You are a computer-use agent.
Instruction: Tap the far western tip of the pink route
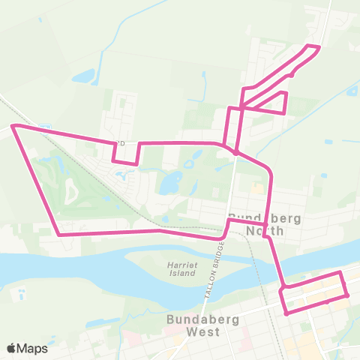12,127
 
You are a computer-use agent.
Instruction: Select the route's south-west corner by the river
59,234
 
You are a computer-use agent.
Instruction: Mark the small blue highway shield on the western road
45,128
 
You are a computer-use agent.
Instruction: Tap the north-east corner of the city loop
341,273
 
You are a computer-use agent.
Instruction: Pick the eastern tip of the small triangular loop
286,93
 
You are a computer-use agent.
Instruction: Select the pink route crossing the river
278,266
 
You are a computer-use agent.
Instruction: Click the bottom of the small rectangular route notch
125,161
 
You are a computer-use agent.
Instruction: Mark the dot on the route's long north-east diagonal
292,73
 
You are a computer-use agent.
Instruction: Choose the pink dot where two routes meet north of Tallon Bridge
235,152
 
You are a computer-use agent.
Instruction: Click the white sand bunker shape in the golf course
71,193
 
